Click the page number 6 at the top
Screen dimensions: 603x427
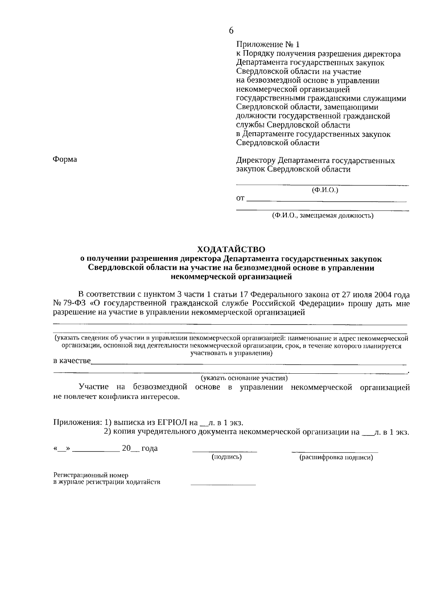(x=231, y=31)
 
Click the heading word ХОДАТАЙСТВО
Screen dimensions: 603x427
(x=231, y=250)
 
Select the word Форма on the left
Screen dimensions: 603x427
(x=65, y=159)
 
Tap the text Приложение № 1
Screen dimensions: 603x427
(x=268, y=45)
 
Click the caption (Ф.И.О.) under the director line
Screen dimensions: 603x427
(x=325, y=190)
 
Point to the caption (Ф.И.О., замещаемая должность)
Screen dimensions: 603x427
(x=322, y=215)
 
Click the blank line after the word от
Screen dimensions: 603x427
(x=326, y=201)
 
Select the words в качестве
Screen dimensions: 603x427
(x=72, y=361)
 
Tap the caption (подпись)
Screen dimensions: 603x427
(x=227, y=457)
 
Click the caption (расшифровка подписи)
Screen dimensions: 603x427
(x=336, y=458)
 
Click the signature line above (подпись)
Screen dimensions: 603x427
(x=225, y=451)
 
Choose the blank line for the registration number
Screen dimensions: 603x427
(x=223, y=484)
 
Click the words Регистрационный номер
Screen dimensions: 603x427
(x=91, y=475)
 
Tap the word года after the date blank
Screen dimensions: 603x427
(x=149, y=448)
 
